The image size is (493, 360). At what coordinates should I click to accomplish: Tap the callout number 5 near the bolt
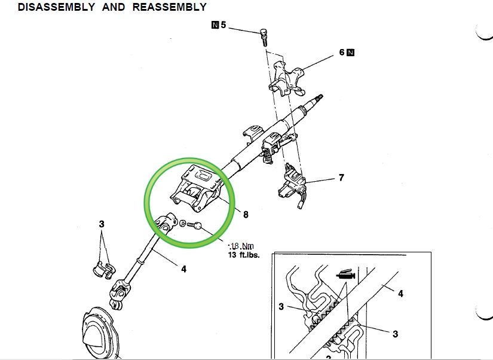click(223, 26)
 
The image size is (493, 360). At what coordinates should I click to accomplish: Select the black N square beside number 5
click(215, 26)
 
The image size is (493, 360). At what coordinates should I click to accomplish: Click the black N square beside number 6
click(351, 53)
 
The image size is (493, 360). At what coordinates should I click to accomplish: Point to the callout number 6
click(342, 53)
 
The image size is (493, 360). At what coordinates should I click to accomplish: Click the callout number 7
click(341, 178)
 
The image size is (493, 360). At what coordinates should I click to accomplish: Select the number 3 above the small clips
click(102, 224)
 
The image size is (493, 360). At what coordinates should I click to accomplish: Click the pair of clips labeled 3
click(103, 267)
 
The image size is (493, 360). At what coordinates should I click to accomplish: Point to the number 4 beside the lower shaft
click(183, 269)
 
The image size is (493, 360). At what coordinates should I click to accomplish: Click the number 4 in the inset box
click(400, 294)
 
